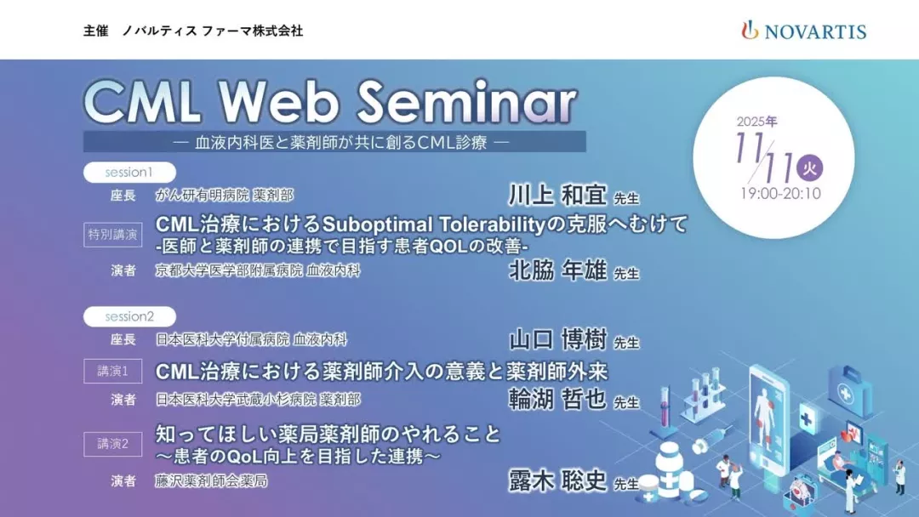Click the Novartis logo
pos(803,31)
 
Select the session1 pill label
pos(129,172)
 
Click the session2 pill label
pos(129,316)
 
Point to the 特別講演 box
pos(112,235)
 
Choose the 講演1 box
pos(112,372)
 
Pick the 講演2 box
pos(112,444)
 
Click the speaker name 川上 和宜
pos(557,195)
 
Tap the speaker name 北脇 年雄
pos(557,270)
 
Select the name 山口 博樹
pos(557,339)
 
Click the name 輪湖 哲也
pos(557,400)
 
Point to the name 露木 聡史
pos(557,480)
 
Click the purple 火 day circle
pos(809,168)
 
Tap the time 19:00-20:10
pos(780,194)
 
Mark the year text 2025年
pos(756,122)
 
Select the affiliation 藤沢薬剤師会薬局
pos(211,481)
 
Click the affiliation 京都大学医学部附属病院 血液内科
pos(257,270)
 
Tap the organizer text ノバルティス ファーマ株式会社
pos(213,31)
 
